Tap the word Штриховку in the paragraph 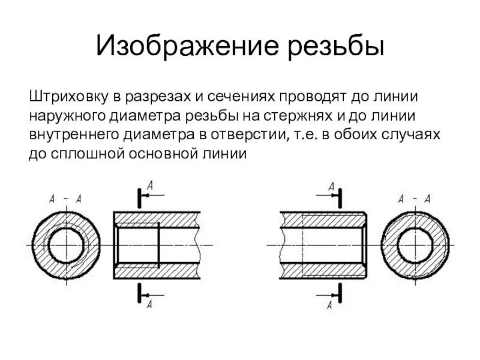(62, 97)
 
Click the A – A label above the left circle (66, 198)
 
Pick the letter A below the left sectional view (150, 304)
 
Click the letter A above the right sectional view (331, 187)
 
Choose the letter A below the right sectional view (331, 304)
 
